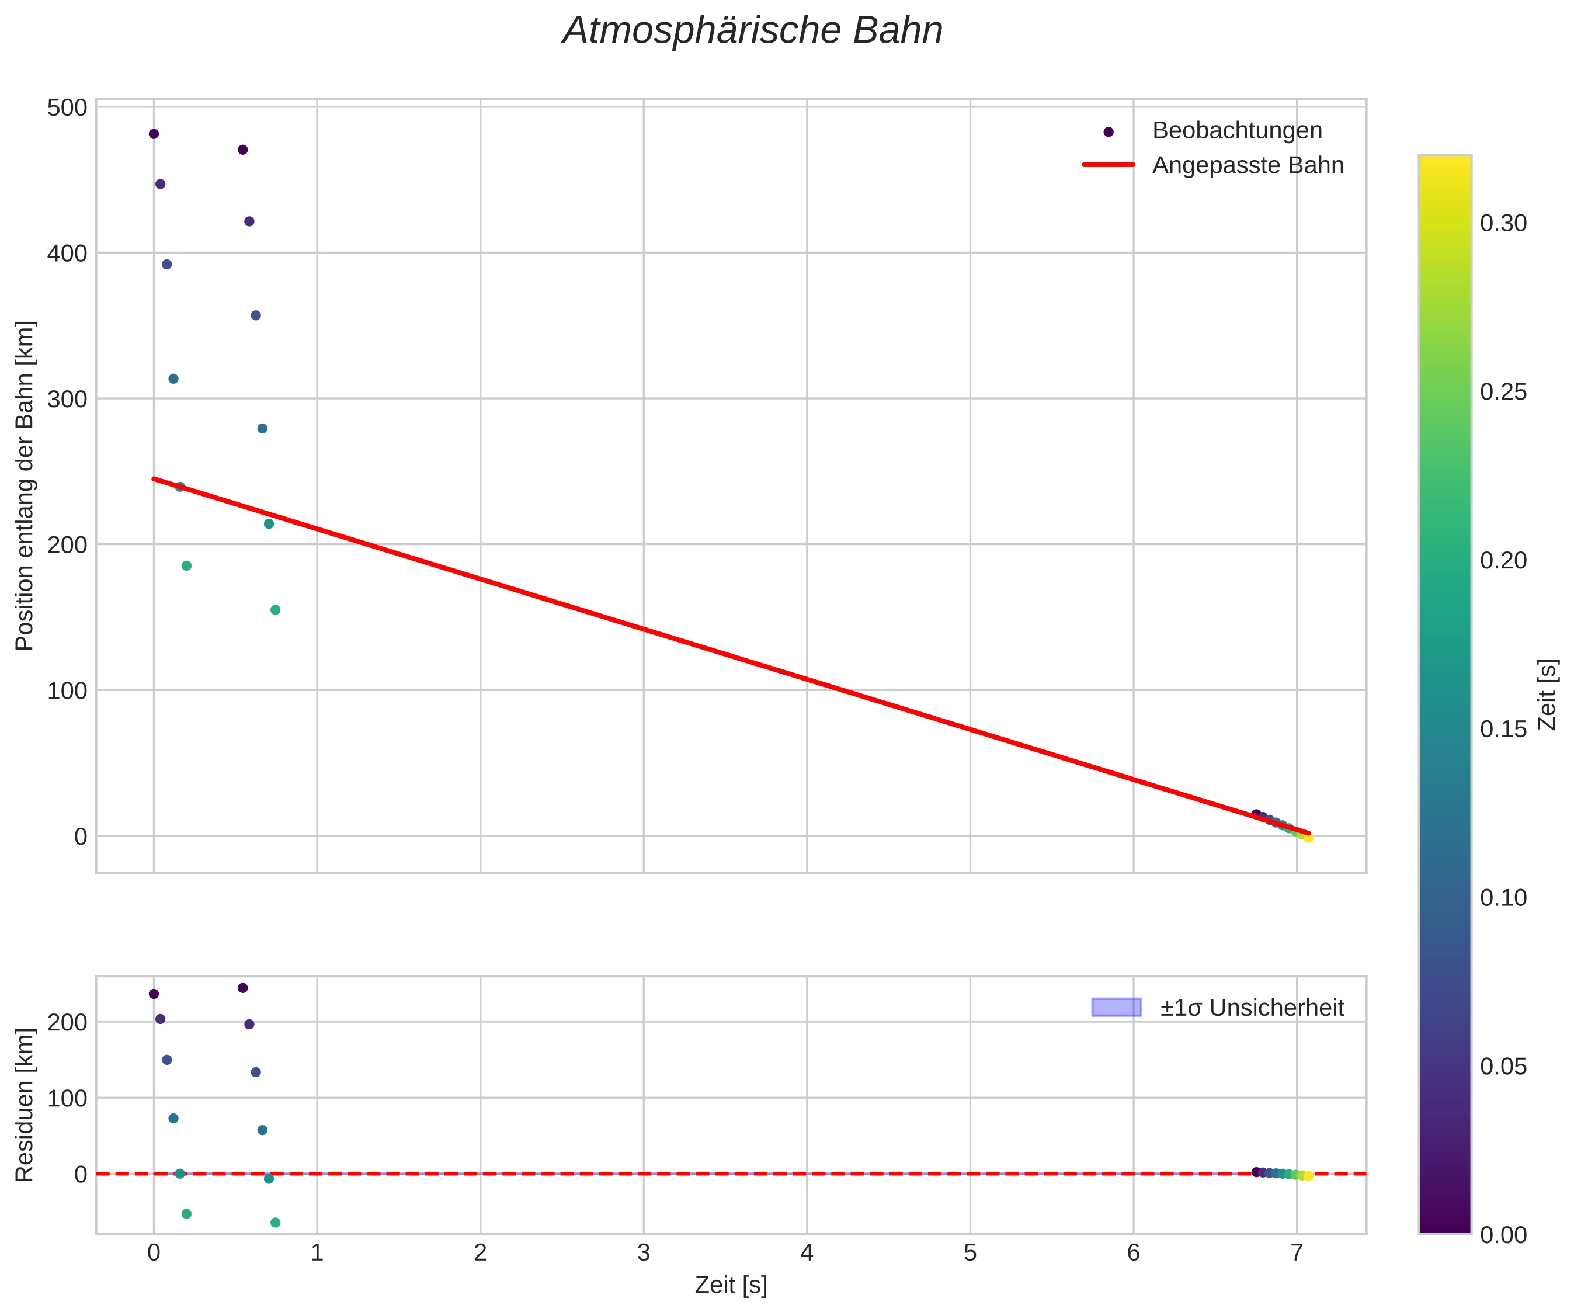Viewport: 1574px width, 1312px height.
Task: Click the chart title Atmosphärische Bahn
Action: [x=752, y=32]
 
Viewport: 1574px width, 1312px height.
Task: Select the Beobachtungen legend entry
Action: [x=1237, y=130]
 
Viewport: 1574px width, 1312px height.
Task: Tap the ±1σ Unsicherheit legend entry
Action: [x=1252, y=1008]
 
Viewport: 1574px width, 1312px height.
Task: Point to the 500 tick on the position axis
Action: [x=68, y=107]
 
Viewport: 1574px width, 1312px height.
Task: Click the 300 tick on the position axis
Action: [x=68, y=399]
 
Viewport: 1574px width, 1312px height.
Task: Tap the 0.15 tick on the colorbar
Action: [x=1503, y=730]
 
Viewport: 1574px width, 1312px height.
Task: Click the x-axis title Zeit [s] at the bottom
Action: [x=731, y=1285]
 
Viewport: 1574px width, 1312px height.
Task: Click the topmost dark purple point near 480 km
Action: [x=154, y=134]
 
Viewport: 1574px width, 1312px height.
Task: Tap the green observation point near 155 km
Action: [x=275, y=609]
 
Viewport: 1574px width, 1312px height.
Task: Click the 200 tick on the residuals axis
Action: [x=68, y=1022]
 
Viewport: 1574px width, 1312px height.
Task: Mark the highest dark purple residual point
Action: [x=243, y=988]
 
